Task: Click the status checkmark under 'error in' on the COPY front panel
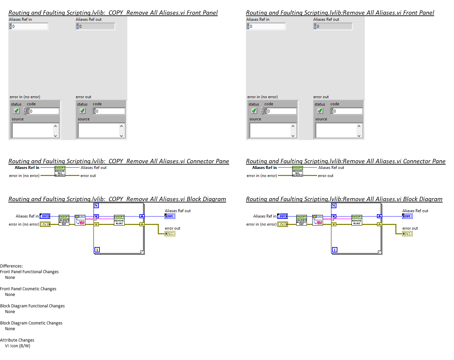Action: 16,111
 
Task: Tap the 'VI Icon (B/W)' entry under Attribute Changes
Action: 17,346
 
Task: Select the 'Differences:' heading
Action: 11,266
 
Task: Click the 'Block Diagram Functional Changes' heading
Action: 32,306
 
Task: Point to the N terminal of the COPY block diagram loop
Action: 96,205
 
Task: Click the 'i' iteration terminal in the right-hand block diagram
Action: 334,250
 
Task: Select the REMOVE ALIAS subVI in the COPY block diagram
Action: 119,220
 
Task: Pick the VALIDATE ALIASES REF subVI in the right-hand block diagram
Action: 301,220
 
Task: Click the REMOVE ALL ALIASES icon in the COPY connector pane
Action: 60,171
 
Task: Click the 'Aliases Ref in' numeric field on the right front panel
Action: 267,26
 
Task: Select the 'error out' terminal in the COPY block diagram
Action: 170,234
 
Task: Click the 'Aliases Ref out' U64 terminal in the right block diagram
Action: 407,216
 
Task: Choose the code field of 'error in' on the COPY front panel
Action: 44,111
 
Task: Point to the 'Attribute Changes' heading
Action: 17,340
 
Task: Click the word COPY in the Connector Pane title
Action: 116,161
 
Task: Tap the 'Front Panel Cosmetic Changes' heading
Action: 28,289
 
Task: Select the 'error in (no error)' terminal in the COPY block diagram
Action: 45,224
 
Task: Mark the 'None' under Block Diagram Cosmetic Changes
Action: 10,329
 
